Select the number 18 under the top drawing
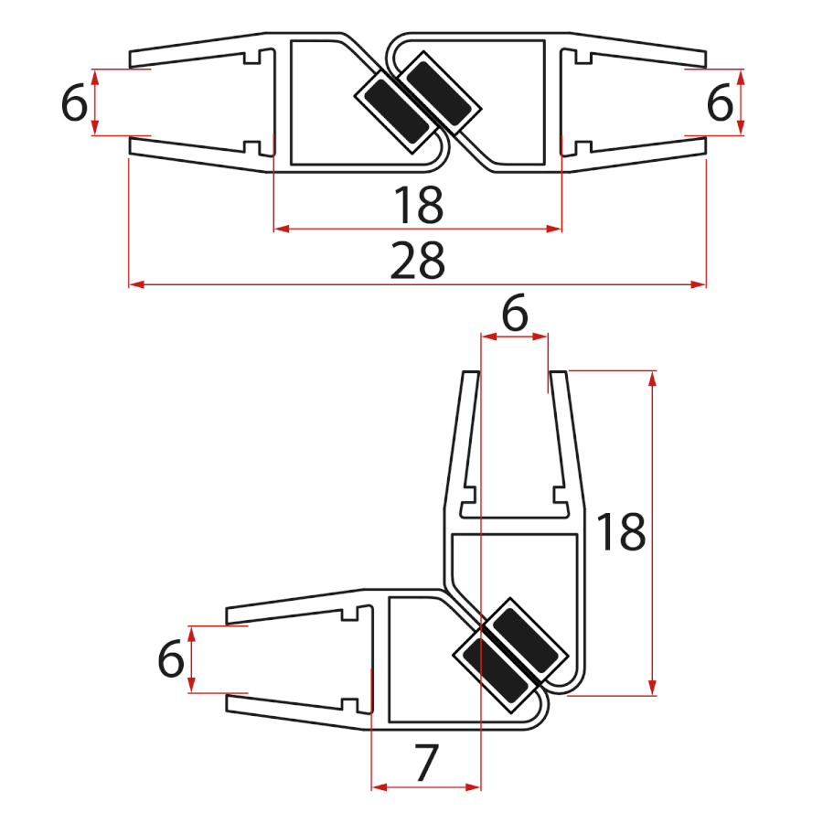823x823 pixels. [418, 205]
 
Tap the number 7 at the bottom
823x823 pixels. [425, 764]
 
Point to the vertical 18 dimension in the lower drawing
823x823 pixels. [621, 533]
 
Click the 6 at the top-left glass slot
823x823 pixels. [75, 103]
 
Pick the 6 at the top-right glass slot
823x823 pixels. [720, 103]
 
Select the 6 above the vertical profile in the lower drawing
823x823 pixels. [515, 315]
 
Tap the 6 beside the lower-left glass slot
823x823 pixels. [171, 659]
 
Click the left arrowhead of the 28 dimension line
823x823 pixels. [134, 285]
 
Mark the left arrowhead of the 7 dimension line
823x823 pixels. [377, 786]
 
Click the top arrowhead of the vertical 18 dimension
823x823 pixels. [652, 377]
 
